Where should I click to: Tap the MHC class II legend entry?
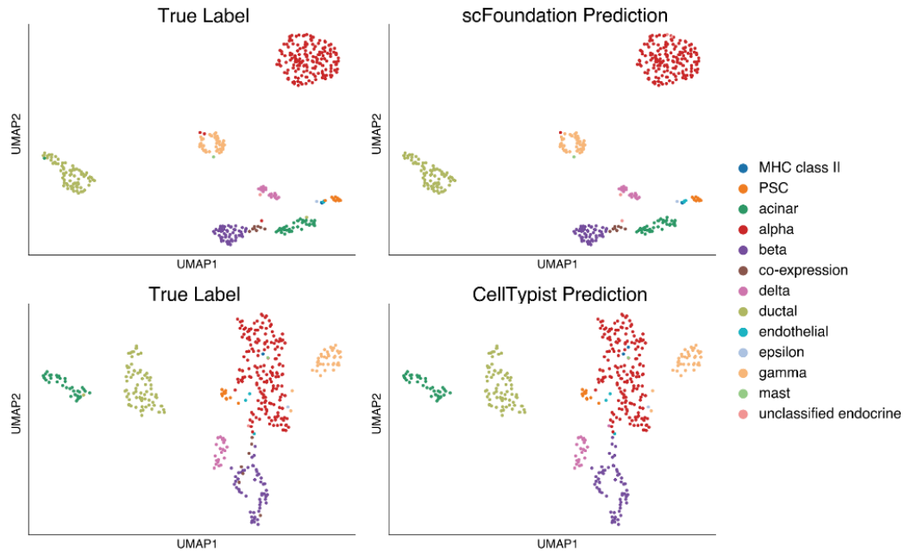coord(799,167)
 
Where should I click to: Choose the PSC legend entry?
coord(773,187)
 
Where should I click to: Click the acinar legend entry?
coord(778,208)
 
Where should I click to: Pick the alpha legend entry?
coord(777,229)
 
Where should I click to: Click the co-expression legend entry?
coord(802,270)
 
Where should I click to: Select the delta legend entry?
coord(775,291)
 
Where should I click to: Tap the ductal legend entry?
coord(778,311)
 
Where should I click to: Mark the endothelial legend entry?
coord(793,332)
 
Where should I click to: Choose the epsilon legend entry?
coord(782,352)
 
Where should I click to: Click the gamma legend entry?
coord(783,373)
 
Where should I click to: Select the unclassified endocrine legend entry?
coord(829,414)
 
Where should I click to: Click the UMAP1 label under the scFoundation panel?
coord(557,264)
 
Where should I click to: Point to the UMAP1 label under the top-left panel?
coord(198,264)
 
